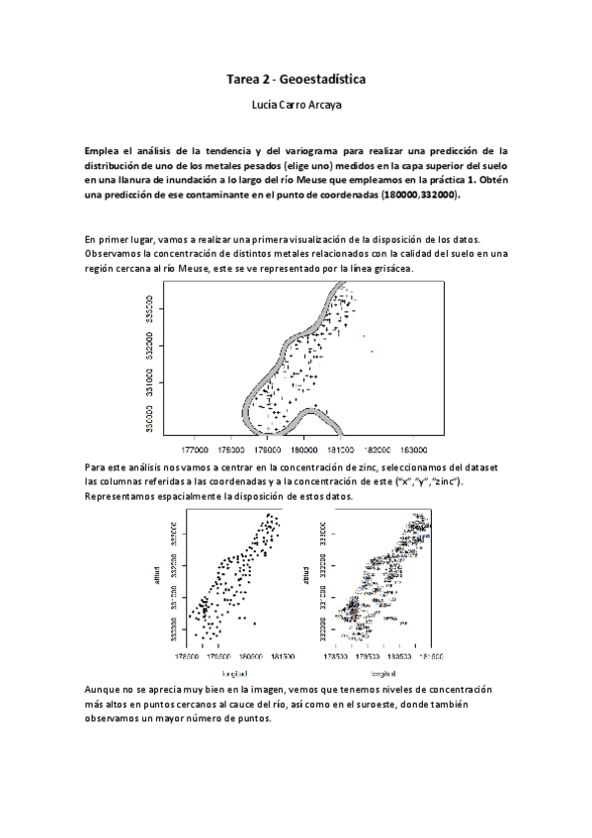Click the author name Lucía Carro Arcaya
click(x=296, y=103)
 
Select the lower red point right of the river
click(x=372, y=351)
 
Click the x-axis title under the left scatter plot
click(x=226, y=671)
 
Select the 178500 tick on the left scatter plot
click(x=188, y=655)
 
